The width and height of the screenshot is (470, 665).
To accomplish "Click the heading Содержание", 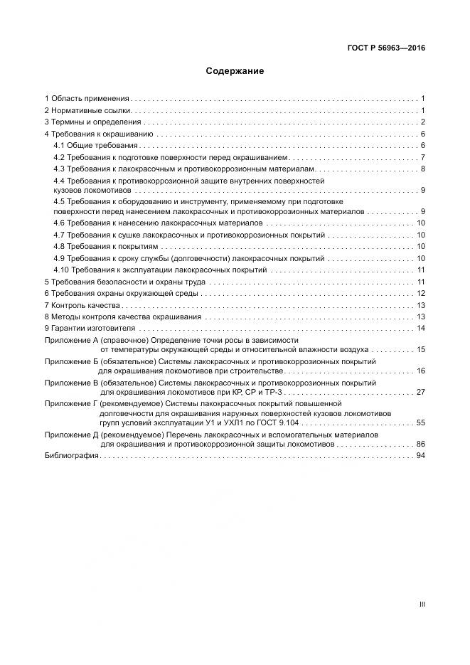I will pyautogui.click(x=235, y=71).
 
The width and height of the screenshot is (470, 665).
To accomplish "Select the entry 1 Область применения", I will pyautogui.click(x=87, y=99).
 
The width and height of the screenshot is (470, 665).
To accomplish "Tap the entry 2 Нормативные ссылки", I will pyautogui.click(x=87, y=111).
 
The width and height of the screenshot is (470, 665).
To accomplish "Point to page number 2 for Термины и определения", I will pyautogui.click(x=422, y=122).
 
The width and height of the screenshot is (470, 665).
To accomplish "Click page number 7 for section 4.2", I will pyautogui.click(x=422, y=157).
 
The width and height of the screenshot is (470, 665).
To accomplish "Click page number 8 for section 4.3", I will pyautogui.click(x=422, y=169).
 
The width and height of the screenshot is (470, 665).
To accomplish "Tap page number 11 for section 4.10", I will pyautogui.click(x=420, y=270).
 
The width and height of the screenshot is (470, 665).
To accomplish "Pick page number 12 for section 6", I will pyautogui.click(x=420, y=294).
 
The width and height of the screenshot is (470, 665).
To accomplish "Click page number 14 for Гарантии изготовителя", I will pyautogui.click(x=420, y=329).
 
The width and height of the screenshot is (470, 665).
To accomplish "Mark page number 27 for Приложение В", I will pyautogui.click(x=420, y=392).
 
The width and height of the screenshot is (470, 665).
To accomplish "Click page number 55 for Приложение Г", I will pyautogui.click(x=420, y=422).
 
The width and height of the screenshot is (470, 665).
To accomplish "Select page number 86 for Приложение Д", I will pyautogui.click(x=420, y=444).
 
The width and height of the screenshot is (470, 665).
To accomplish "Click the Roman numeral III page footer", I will pyautogui.click(x=422, y=605).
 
